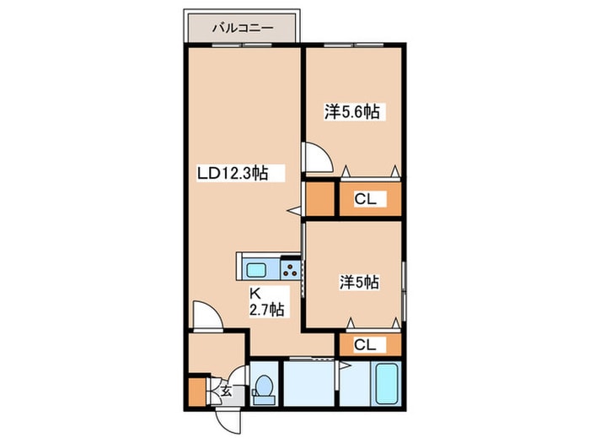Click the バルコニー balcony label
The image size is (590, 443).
point(243,28)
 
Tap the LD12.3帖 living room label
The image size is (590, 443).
point(233,173)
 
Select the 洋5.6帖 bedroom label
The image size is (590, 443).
point(352,111)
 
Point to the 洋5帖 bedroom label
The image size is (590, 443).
point(360,282)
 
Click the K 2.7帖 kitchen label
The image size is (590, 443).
point(267,302)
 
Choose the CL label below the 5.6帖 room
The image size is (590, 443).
point(365,199)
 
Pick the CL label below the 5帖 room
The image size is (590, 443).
point(365,344)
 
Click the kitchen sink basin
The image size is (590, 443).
point(256,270)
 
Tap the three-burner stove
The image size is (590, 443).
point(290,268)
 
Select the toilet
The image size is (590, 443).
point(264,387)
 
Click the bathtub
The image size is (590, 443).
point(387,383)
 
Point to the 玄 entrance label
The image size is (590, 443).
point(225,391)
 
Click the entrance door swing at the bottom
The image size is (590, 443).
point(228,422)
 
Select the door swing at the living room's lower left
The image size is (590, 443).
point(207,316)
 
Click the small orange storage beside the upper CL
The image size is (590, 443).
point(319,198)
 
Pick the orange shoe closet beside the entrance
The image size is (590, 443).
point(197,392)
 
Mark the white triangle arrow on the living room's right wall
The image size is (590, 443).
point(295,211)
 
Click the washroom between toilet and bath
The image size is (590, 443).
point(308,383)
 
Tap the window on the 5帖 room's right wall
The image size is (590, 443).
point(404,291)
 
